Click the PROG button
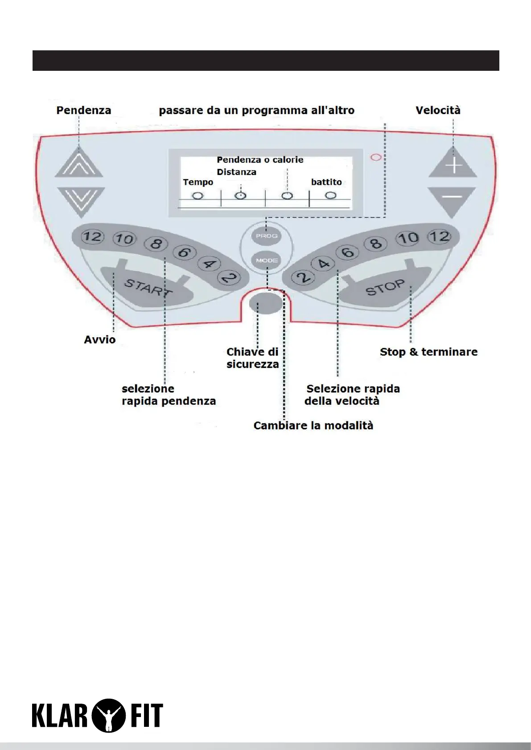tap(267, 236)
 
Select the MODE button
tap(267, 260)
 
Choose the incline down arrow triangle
tap(81, 200)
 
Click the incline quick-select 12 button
tap(92, 236)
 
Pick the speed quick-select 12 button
tap(439, 236)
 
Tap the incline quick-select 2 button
tap(229, 278)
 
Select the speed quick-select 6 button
tap(348, 252)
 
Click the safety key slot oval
tap(265, 304)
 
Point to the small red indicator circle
tap(376, 157)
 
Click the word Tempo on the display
tap(198, 182)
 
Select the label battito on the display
tap(326, 182)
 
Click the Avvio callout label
tap(100, 340)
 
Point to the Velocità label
tap(438, 110)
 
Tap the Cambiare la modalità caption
tap(313, 425)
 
